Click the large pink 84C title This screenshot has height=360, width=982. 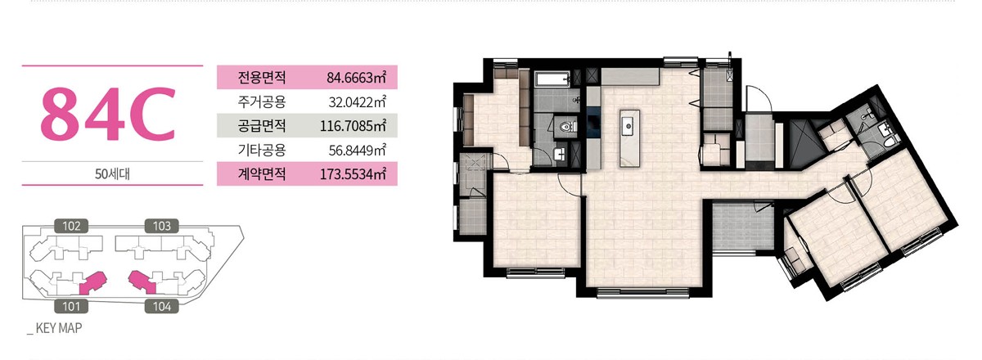coord(108,114)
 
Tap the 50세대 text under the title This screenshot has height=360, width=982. coord(112,174)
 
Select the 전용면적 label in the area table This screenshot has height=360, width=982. coord(262,78)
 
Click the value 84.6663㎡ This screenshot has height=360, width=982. coord(357,78)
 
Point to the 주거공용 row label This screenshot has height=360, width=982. coord(262,101)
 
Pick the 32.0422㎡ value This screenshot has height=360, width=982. coord(358,102)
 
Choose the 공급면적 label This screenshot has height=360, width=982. coord(262,126)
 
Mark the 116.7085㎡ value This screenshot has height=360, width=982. coord(353,126)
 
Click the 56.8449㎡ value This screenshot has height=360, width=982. coord(358,151)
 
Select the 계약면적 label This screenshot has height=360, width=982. coord(262,174)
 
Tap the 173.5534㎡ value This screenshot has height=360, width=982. coord(353,174)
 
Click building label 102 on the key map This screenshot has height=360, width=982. coord(71,226)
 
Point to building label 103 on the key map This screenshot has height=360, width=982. coord(162,226)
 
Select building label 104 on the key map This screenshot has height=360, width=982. coord(162,306)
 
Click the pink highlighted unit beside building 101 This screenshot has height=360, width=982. coord(92,283)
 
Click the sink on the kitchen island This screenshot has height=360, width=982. coord(629,126)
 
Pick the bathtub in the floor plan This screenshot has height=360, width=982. coord(552,79)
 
